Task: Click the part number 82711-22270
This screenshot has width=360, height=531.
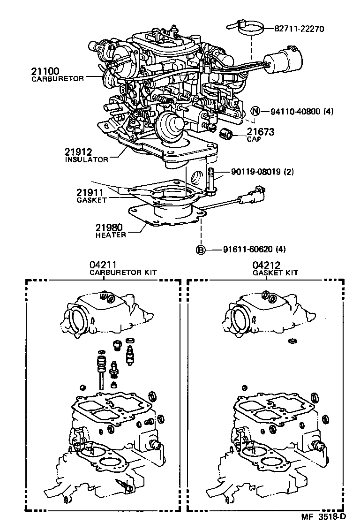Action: (292, 29)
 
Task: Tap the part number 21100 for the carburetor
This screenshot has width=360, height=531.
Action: (45, 71)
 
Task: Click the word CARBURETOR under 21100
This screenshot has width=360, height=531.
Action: (57, 79)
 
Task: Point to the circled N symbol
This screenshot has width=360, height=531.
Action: (255, 112)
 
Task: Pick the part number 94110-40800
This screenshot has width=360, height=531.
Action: (294, 112)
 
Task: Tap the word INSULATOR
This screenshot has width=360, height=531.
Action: (86, 159)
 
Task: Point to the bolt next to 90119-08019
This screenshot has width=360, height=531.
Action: (212, 181)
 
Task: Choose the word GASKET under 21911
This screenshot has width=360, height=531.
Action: (91, 200)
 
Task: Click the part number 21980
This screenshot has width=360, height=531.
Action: (109, 228)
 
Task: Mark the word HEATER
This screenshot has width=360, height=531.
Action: (111, 235)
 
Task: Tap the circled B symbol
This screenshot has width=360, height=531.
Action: (201, 249)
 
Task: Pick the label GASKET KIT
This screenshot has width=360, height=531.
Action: (275, 273)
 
